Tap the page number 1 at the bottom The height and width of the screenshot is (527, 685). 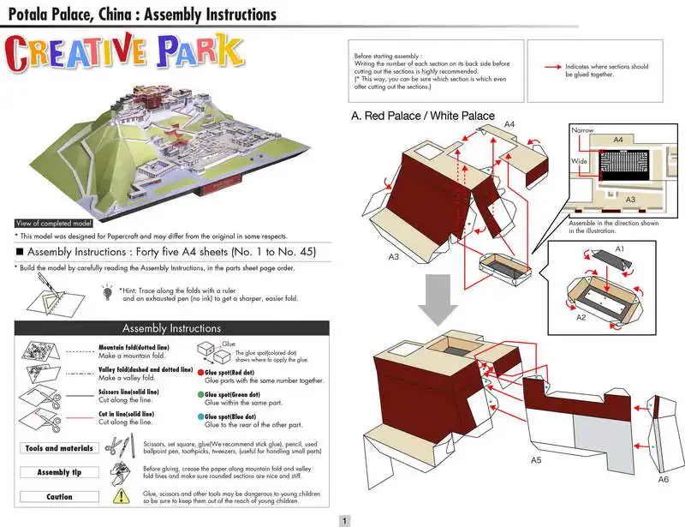pyautogui.click(x=344, y=520)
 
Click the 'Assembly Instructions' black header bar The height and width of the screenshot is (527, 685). pyautogui.click(x=172, y=328)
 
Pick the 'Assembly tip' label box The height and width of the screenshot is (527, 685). pyautogui.click(x=59, y=472)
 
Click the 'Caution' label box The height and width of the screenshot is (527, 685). pyautogui.click(x=59, y=496)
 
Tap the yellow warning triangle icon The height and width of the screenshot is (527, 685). pyautogui.click(x=124, y=496)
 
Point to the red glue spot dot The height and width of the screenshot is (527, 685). pyautogui.click(x=200, y=374)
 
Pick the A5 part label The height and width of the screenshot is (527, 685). pyautogui.click(x=536, y=461)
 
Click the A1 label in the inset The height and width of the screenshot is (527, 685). pyautogui.click(x=621, y=248)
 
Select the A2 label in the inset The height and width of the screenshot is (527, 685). pyautogui.click(x=581, y=318)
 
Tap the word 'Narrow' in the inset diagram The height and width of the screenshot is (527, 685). pyautogui.click(x=582, y=130)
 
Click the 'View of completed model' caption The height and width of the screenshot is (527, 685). pyautogui.click(x=54, y=224)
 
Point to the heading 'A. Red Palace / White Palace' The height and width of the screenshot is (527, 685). pyautogui.click(x=422, y=116)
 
